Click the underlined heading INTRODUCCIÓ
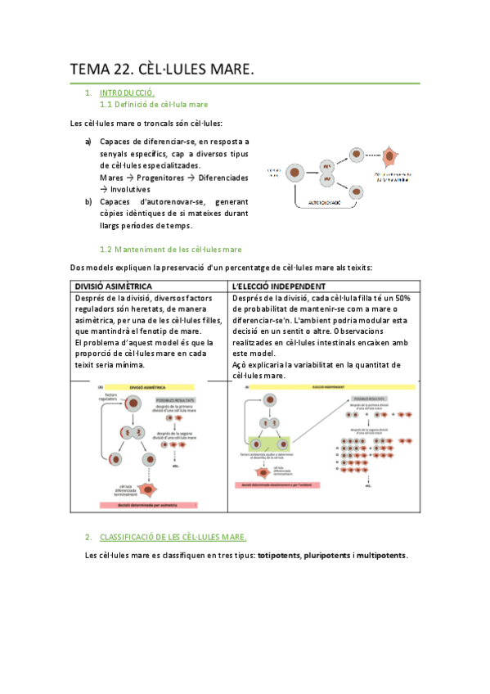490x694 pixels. (127, 93)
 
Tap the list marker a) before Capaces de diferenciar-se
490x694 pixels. (88, 142)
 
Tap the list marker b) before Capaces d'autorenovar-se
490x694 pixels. (88, 202)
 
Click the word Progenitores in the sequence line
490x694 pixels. (155, 177)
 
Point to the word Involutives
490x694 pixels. (134, 189)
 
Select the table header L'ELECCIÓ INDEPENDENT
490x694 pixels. (279, 286)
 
